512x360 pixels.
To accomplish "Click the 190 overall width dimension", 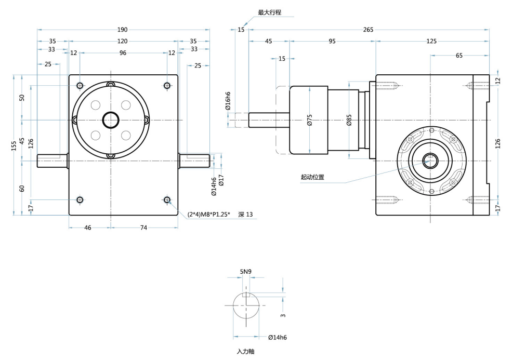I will [x=123, y=30].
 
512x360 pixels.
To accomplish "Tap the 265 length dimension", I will [x=368, y=30].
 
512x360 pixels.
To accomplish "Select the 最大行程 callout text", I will [x=269, y=12].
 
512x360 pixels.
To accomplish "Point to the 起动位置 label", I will [x=312, y=177].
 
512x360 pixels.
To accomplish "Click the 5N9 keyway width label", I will [x=246, y=272].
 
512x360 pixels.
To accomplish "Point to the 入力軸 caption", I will [x=245, y=352].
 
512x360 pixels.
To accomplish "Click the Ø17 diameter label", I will [x=221, y=180].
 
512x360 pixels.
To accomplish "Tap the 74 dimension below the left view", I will [x=144, y=228].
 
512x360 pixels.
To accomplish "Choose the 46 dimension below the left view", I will [x=88, y=228].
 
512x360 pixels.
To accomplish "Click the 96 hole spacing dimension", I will [x=123, y=52].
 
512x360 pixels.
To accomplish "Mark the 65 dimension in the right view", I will [x=459, y=55].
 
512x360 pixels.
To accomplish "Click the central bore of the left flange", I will [x=111, y=121].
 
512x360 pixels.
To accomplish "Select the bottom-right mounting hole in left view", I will [x=167, y=200].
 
